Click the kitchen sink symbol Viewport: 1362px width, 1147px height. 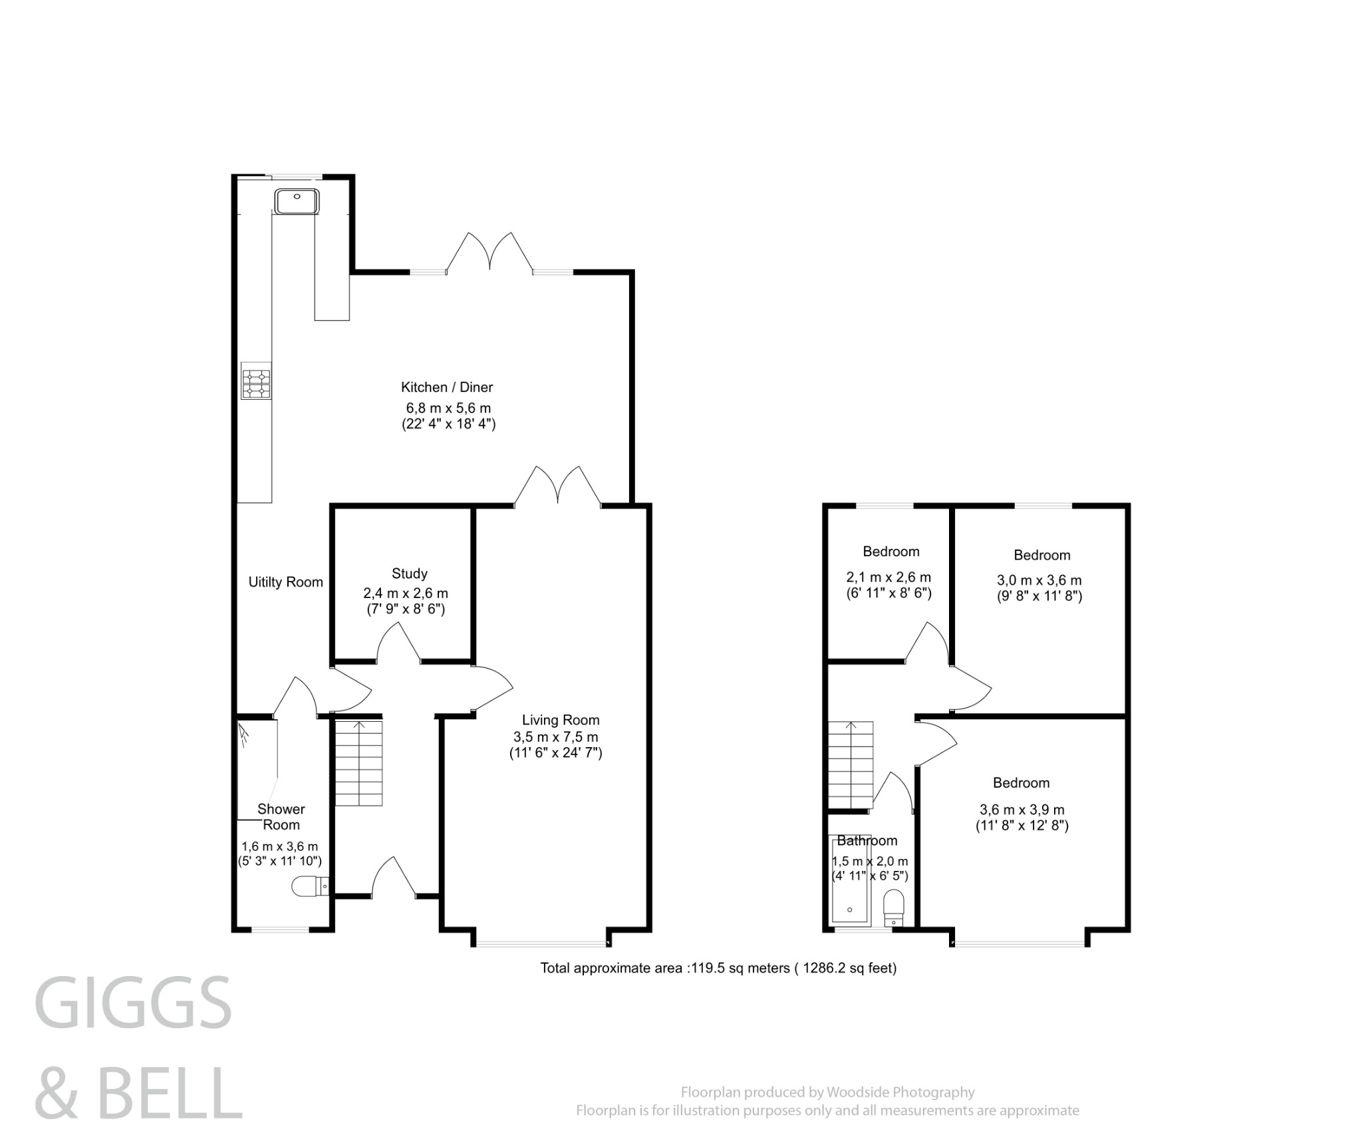pos(297,202)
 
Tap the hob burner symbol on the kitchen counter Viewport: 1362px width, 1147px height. pos(256,384)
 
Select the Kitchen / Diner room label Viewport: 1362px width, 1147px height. pos(446,387)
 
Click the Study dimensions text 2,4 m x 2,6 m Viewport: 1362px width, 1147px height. pos(405,593)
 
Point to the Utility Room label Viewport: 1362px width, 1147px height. pos(285,582)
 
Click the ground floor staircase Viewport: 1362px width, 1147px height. pos(358,763)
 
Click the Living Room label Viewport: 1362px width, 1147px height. pos(560,720)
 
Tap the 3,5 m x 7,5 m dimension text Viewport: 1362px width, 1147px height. pos(555,737)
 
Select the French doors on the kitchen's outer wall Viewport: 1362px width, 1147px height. pos(489,253)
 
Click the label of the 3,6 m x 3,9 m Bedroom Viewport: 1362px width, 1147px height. pos(1021,783)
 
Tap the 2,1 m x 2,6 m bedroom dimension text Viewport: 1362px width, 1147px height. pos(888,577)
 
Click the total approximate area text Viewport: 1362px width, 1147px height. pos(718,969)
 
